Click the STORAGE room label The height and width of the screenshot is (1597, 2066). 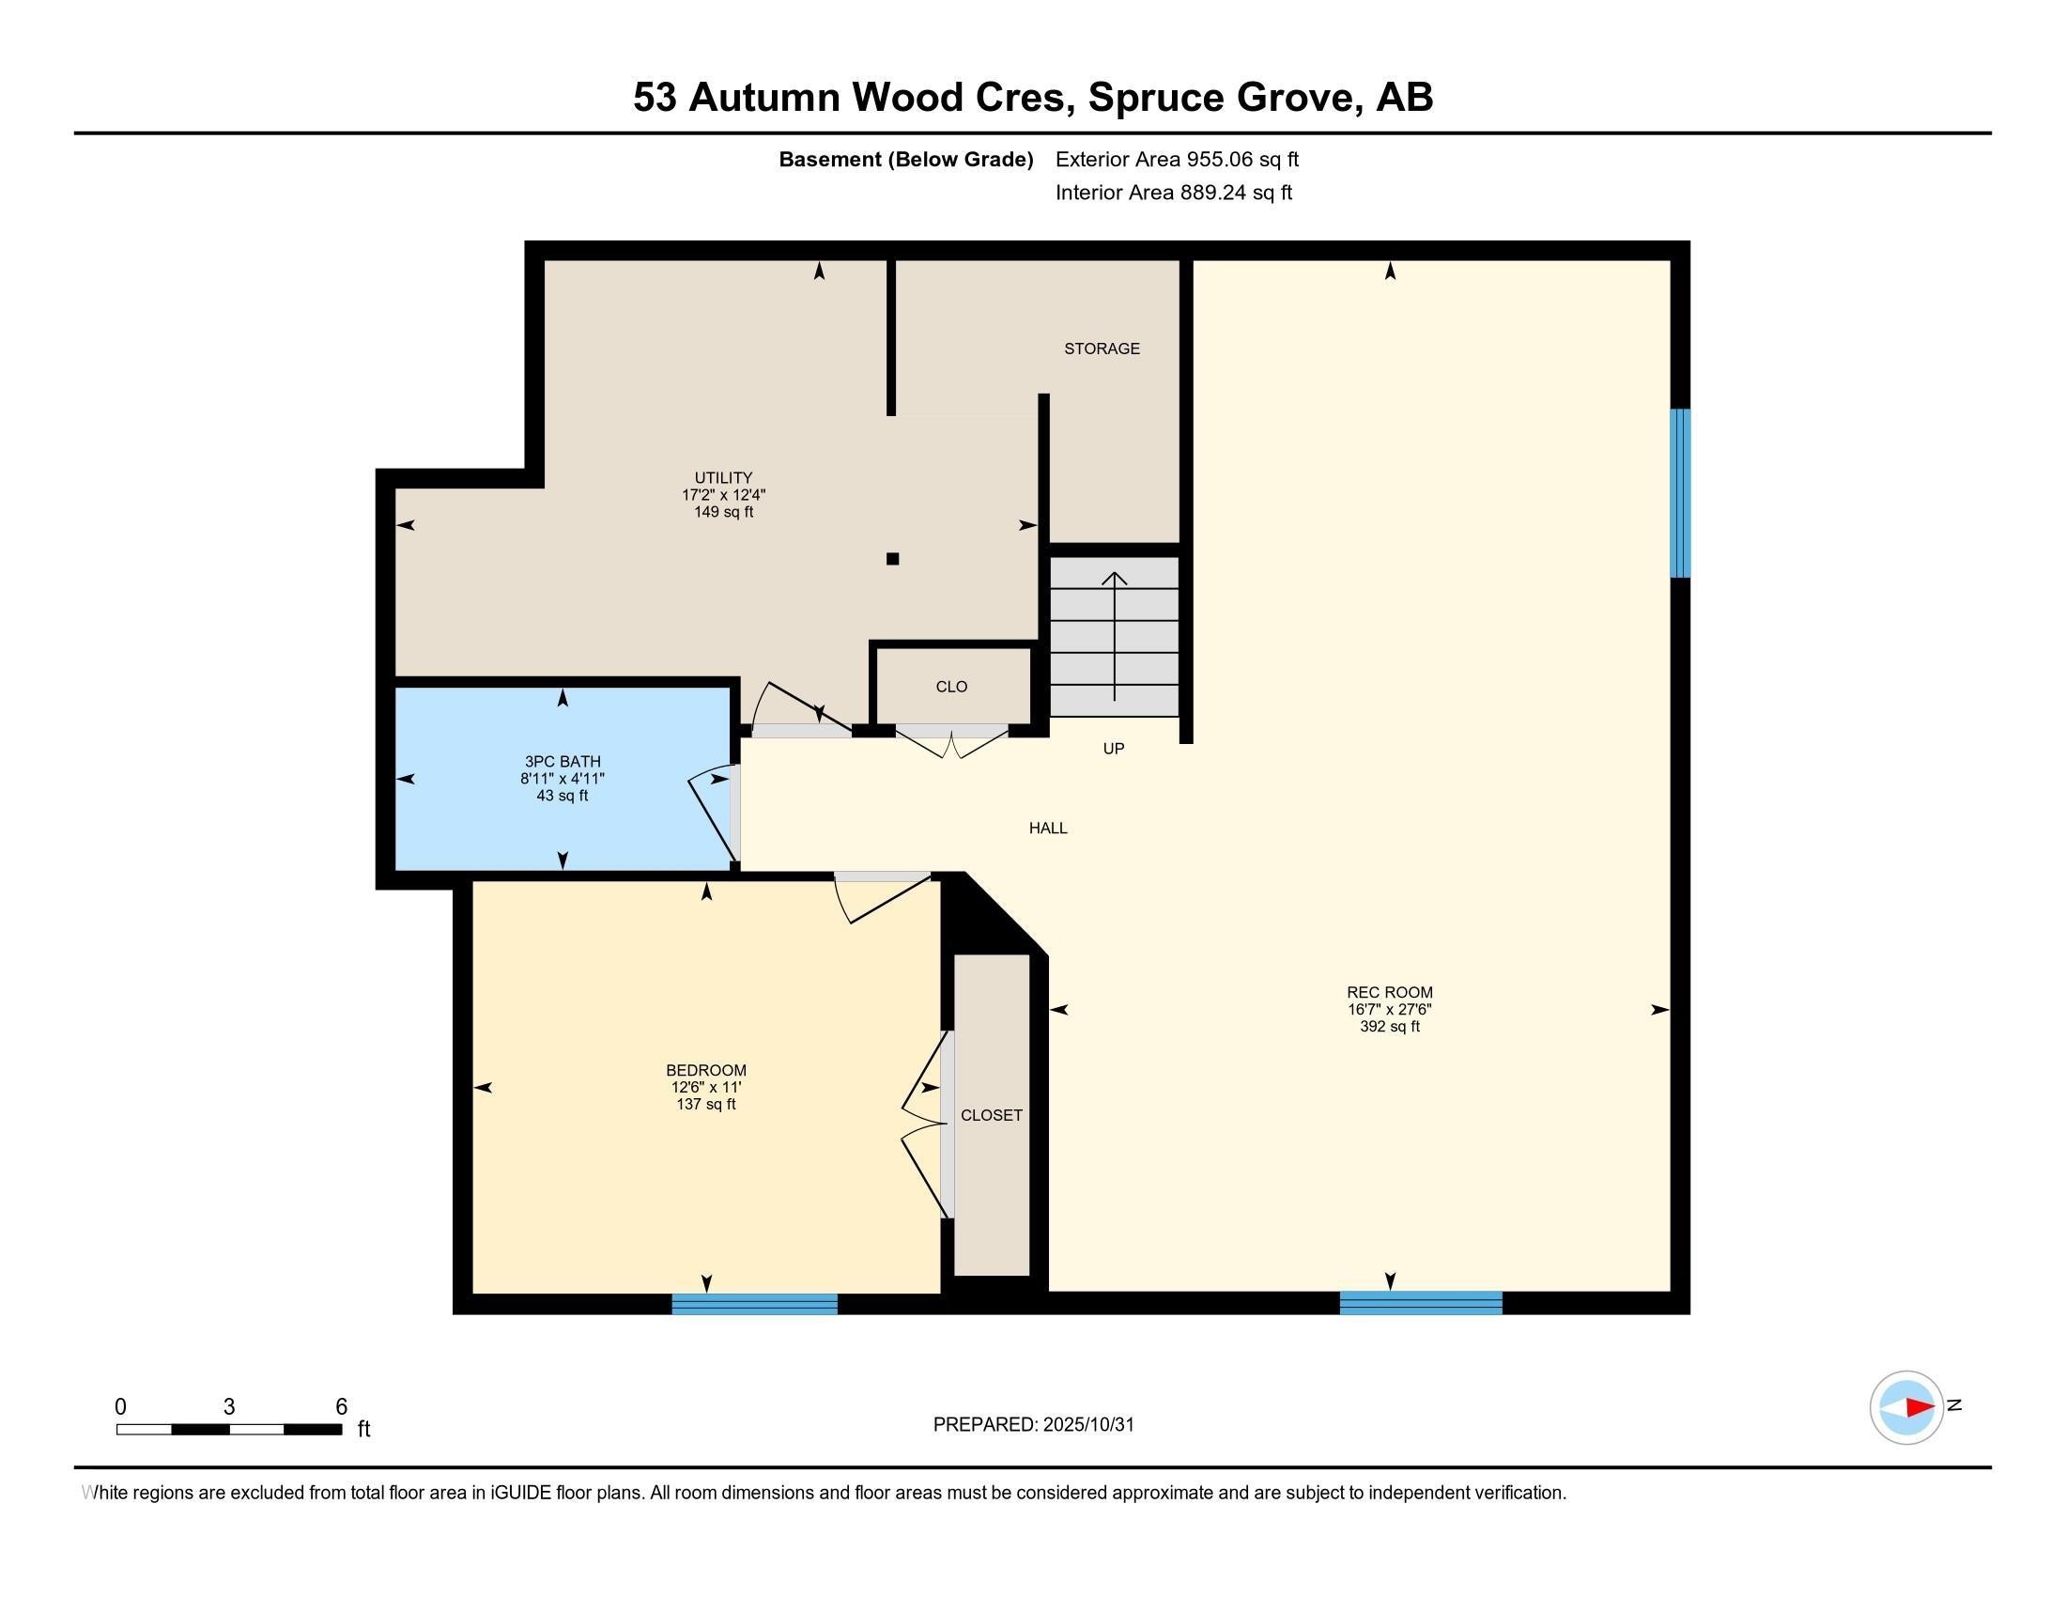pos(1102,349)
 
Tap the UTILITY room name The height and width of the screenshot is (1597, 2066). pos(723,478)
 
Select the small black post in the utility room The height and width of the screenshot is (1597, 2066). pos(892,559)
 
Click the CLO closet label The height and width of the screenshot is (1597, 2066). pos(950,687)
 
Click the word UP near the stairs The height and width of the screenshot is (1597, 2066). pos(1114,749)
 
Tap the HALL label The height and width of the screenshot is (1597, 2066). pos(1047,828)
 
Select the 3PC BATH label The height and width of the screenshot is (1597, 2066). pos(562,762)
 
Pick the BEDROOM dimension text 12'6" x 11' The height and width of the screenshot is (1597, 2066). pos(705,1087)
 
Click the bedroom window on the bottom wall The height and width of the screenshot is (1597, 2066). pos(754,1305)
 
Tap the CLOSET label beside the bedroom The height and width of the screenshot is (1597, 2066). pos(991,1115)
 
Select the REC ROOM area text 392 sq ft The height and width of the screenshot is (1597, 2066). pos(1389,1027)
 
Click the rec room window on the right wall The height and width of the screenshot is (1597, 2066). pos(1679,492)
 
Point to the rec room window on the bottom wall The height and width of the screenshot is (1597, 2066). pos(1420,1303)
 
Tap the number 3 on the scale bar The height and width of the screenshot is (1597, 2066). pos(228,1407)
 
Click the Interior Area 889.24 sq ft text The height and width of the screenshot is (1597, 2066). pos(1172,193)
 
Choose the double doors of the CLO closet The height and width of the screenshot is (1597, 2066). pos(950,742)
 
